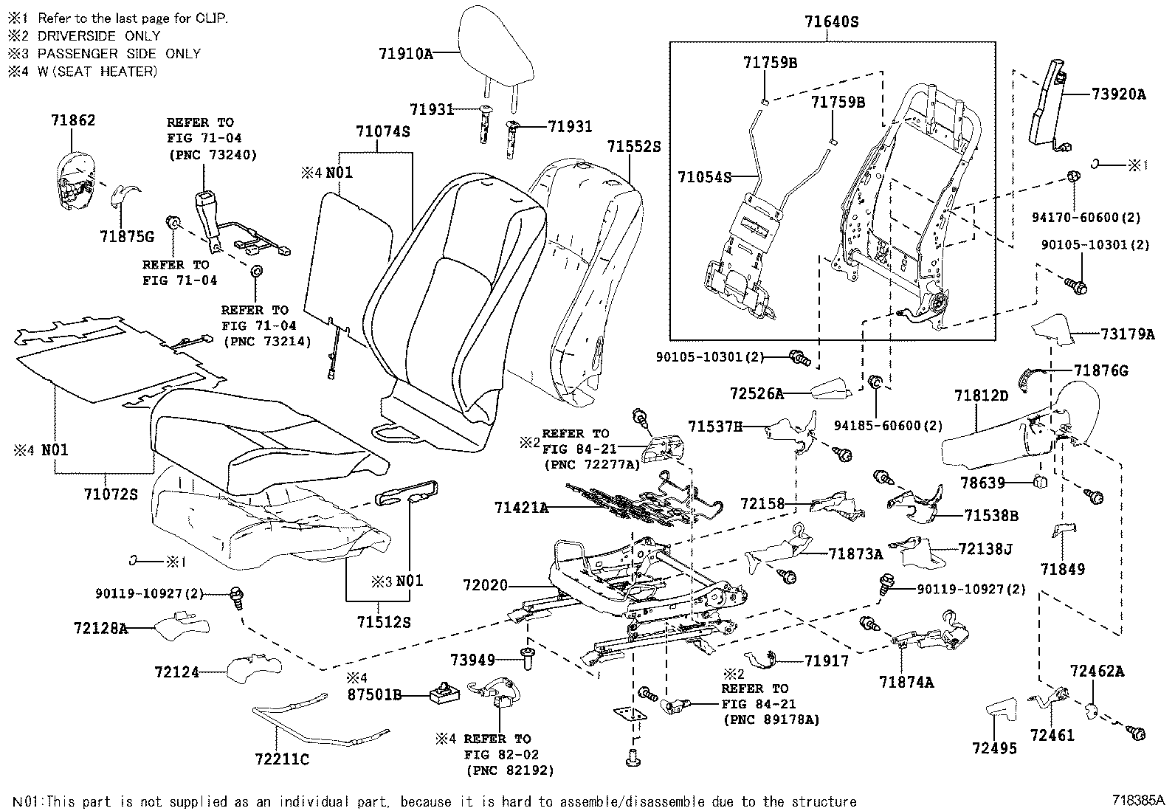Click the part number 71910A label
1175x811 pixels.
pyautogui.click(x=405, y=53)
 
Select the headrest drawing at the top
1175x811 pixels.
pyautogui.click(x=495, y=46)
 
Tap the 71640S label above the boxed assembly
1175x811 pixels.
pyautogui.click(x=832, y=23)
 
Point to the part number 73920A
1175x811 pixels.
pyautogui.click(x=1119, y=94)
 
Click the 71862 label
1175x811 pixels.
pyautogui.click(x=73, y=120)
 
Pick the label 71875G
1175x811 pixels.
pyautogui.click(x=127, y=236)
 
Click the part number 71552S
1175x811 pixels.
pyautogui.click(x=634, y=146)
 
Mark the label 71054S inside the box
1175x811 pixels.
pyautogui.click(x=705, y=176)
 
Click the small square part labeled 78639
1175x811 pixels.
pyautogui.click(x=1041, y=483)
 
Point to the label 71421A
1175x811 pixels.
pyautogui.click(x=522, y=508)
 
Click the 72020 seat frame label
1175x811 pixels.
pyautogui.click(x=486, y=585)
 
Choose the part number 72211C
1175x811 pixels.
pyautogui.click(x=282, y=759)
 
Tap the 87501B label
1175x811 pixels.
pyautogui.click(x=376, y=694)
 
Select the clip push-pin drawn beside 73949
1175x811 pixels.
pyautogui.click(x=528, y=658)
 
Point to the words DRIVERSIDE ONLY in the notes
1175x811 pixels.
pyautogui.click(x=99, y=35)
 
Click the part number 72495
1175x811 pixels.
pyautogui.click(x=994, y=748)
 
